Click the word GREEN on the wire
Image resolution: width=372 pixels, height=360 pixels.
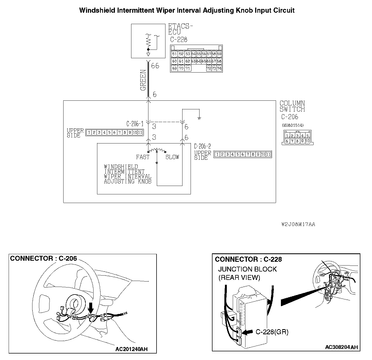click(143, 80)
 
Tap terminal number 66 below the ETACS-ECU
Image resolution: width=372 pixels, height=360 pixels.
click(155, 66)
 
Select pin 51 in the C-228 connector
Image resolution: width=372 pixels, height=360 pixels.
click(174, 54)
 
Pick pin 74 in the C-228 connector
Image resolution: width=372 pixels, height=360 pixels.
click(219, 68)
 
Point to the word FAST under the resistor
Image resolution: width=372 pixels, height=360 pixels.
click(142, 157)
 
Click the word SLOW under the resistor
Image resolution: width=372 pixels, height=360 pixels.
click(172, 157)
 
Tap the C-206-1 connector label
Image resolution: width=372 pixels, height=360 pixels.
click(135, 124)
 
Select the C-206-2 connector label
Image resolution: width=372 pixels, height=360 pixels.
click(202, 146)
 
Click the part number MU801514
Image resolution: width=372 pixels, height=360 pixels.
click(293, 125)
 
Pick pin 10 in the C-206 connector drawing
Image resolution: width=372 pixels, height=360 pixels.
click(307, 141)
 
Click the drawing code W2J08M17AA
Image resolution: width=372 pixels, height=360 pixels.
click(298, 224)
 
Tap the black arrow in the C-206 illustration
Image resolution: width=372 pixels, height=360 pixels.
click(91, 307)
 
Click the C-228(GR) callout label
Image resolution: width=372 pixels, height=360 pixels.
click(272, 332)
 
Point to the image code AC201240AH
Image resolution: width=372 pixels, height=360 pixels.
click(131, 349)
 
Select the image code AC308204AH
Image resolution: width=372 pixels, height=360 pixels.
click(341, 347)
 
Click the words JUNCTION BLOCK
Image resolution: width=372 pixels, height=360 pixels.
click(247, 269)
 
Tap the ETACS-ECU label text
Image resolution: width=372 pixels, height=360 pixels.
click(180, 29)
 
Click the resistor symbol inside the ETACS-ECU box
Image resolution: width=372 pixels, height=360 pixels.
click(148, 41)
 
